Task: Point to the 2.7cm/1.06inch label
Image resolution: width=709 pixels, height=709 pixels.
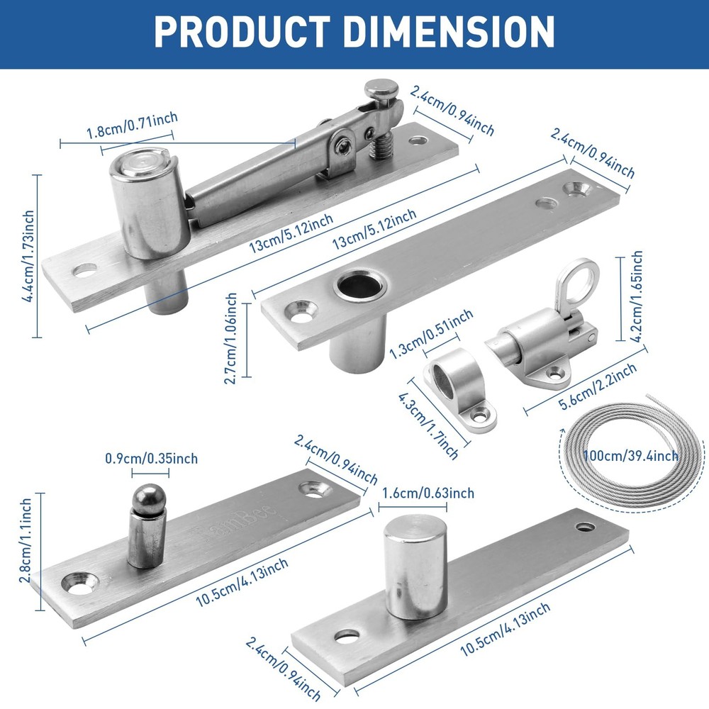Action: point(230,338)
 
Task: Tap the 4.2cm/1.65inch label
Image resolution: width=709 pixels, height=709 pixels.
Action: point(637,296)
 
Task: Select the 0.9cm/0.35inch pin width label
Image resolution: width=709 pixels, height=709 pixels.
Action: point(151,459)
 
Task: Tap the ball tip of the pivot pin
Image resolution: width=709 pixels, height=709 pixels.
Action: point(149,497)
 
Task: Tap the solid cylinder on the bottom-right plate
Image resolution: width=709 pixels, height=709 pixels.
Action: point(415,564)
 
